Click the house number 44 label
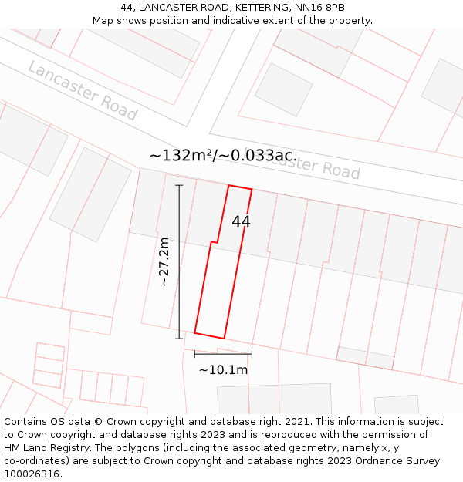241,222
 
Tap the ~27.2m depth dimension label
164,261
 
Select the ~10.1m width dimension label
223,370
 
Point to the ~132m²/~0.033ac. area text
223,156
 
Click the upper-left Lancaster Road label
82,90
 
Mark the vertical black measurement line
179,261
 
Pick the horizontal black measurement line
223,354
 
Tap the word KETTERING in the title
246,8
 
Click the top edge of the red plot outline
240,187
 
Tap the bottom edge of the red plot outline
209,335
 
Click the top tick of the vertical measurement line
179,185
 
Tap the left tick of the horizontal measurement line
194,354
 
